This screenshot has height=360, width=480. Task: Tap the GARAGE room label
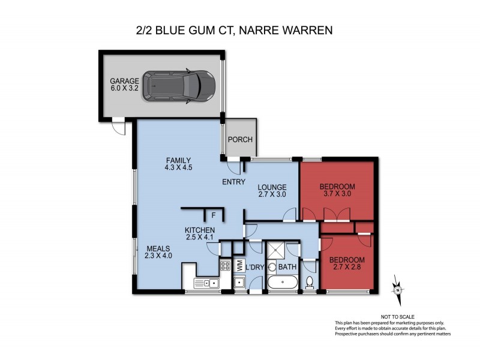pos(124,85)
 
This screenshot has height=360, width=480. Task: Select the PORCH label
pos(241,140)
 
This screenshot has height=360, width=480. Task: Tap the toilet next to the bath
pos(310,282)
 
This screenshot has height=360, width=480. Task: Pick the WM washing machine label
pos(238,265)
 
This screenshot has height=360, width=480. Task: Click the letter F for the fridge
pos(212,214)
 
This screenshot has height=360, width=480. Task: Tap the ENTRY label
pos(233,182)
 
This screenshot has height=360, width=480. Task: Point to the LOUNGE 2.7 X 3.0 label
pos(272,191)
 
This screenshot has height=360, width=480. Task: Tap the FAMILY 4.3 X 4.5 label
pos(178,164)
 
